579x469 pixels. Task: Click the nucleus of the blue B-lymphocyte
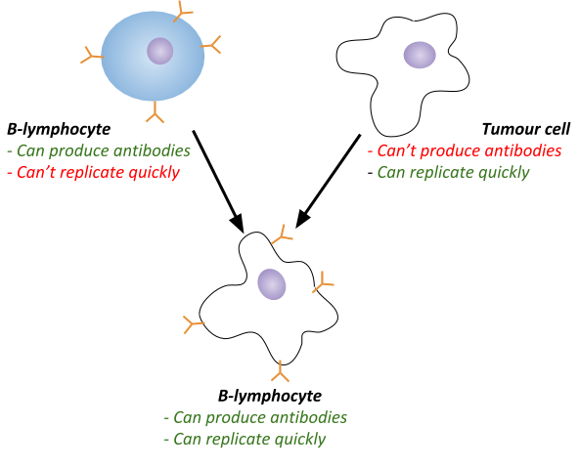159,51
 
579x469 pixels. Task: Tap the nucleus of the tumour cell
420,55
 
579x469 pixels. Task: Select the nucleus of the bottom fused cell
272,284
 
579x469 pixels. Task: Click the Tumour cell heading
526,129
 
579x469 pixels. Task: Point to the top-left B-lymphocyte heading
59,129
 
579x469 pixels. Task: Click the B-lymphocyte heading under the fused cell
270,396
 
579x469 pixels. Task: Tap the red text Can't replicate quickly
94,172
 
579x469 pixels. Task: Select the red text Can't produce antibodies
465,150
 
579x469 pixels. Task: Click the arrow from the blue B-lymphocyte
218,182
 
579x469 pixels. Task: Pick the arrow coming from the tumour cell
328,181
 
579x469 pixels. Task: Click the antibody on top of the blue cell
183,12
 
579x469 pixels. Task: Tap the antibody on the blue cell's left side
92,55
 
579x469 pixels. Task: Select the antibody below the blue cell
155,111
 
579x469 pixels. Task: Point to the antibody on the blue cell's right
211,45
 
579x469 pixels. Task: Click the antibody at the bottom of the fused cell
281,371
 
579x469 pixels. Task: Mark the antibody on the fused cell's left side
194,324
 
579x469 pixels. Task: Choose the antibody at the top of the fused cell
283,234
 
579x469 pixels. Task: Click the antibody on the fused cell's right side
323,282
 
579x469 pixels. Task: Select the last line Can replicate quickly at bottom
245,439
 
